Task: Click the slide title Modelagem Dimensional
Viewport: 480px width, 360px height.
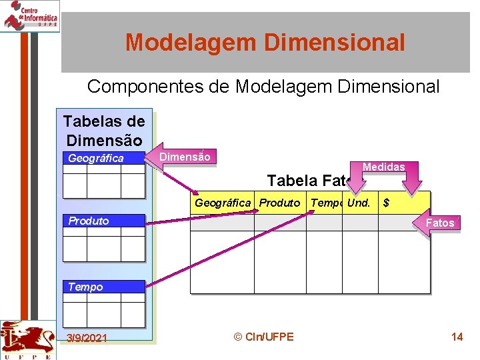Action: coord(265,43)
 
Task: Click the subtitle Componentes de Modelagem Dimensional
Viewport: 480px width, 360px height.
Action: coord(263,87)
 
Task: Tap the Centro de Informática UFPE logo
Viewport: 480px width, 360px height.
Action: coord(30,15)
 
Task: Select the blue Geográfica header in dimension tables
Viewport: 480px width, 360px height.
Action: coord(103,158)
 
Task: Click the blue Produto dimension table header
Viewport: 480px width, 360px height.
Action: coord(103,221)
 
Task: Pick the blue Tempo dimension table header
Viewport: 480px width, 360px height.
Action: coord(103,287)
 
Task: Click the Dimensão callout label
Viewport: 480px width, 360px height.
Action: coord(185,157)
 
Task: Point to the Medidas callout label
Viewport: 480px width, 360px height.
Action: coord(383,167)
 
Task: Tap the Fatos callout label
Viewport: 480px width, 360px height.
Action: coord(440,223)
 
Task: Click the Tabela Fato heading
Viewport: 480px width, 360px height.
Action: coord(307,181)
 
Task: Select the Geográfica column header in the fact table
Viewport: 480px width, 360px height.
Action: coord(223,203)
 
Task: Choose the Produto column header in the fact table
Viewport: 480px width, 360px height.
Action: coord(279,203)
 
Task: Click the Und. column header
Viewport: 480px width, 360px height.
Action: coord(359,203)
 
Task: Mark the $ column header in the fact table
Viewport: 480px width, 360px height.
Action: coord(386,203)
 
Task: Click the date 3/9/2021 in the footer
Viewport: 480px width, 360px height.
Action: coord(87,338)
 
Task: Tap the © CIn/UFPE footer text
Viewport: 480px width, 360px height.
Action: coord(264,337)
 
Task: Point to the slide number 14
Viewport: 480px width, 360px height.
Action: coord(457,337)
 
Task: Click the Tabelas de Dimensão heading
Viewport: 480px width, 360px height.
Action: coord(103,131)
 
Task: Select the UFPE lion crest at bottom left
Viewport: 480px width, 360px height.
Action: coord(27,339)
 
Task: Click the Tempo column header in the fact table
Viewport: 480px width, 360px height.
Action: coord(326,203)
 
